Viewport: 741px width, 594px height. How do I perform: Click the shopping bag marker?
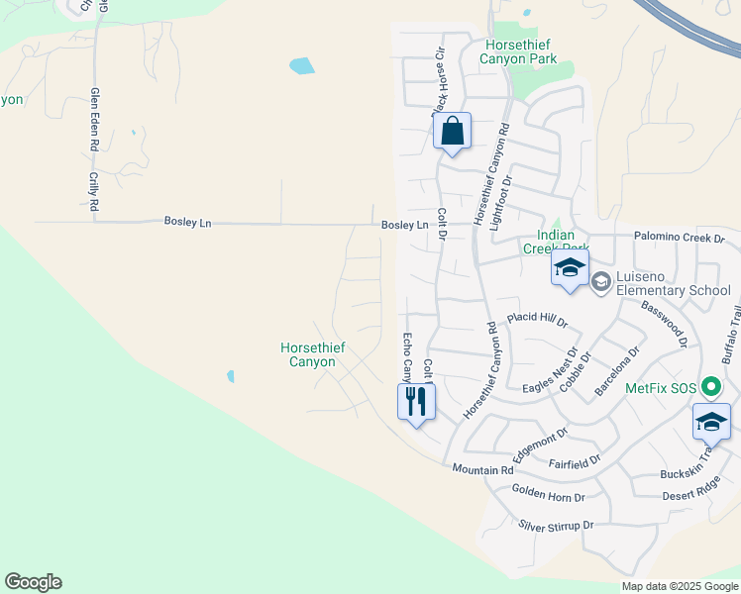pos(452,132)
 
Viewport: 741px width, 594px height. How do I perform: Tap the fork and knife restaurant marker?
pos(416,402)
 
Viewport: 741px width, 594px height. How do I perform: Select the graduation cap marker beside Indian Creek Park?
pos(570,267)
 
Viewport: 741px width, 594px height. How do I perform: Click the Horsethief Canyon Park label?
pos(518,51)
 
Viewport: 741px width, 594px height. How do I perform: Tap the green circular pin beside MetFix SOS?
pos(709,387)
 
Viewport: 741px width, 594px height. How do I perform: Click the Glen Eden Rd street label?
pos(95,119)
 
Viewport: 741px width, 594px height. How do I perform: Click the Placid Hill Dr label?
pos(537,320)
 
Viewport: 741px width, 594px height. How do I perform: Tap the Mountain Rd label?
pos(483,469)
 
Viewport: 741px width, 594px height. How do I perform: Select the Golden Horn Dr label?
pos(549,492)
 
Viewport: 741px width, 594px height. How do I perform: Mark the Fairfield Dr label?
pos(574,461)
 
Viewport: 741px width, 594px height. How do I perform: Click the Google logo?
pos(33,582)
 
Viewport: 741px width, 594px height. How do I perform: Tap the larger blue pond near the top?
pos(301,66)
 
